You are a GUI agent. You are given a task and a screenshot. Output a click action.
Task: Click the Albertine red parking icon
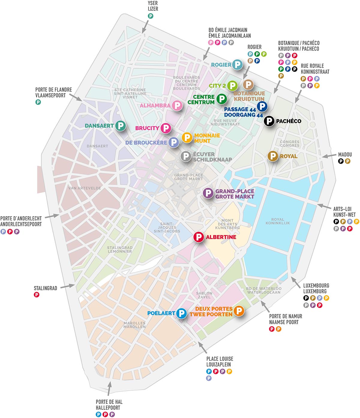[x=198, y=237]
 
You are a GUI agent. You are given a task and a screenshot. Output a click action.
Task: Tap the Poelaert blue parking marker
[x=181, y=313]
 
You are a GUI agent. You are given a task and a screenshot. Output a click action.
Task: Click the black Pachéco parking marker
[x=269, y=121]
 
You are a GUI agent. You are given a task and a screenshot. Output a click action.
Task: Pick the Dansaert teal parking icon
[x=120, y=126]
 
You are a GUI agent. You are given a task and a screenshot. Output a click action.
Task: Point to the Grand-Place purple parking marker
[x=208, y=193]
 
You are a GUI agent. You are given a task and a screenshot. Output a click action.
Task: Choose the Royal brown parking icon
[x=273, y=156]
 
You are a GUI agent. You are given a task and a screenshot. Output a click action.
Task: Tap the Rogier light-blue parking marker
[x=237, y=64]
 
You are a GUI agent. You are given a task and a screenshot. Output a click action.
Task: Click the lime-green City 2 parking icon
[x=232, y=86]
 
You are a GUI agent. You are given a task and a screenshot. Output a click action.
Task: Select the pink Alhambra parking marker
[x=177, y=106]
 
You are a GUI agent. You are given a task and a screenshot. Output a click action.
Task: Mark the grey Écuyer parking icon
[x=186, y=156]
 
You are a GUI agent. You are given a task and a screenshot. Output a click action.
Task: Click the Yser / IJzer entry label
[x=153, y=6]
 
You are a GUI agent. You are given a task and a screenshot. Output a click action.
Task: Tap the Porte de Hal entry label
[x=109, y=405]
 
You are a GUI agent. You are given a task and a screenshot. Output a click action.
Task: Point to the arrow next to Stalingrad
[x=67, y=286]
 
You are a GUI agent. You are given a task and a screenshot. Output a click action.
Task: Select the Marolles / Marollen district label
[x=134, y=325]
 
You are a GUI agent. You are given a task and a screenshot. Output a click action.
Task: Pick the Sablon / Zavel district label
[x=204, y=295]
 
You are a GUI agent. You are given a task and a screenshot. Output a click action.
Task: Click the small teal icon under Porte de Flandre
[x=38, y=102]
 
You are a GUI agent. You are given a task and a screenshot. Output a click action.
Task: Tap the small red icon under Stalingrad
[x=37, y=295]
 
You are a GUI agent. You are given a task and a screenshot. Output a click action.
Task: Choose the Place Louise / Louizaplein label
[x=220, y=362]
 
